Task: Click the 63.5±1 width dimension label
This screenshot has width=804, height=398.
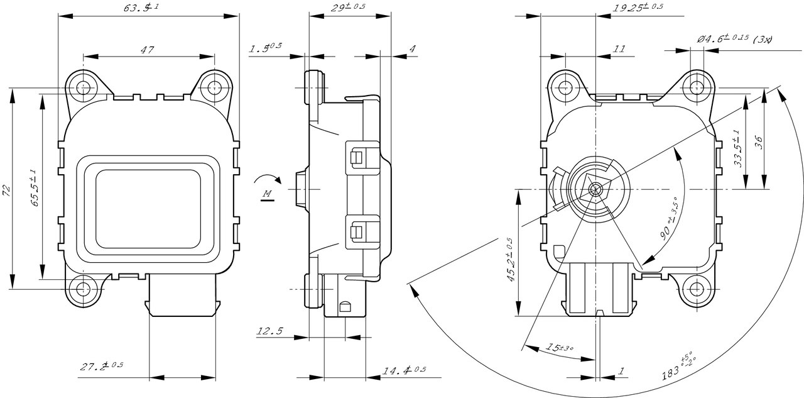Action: pos(142,8)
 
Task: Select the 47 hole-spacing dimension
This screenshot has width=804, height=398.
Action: pos(148,50)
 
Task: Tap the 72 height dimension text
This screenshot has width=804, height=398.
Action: pos(6,191)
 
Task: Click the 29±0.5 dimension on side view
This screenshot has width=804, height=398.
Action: pos(347,7)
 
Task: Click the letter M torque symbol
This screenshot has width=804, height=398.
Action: pos(267,194)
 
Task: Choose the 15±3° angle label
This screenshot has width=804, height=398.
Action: pos(559,347)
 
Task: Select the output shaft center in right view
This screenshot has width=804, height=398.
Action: pos(595,189)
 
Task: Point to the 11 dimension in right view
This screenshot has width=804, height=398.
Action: pos(619,49)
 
